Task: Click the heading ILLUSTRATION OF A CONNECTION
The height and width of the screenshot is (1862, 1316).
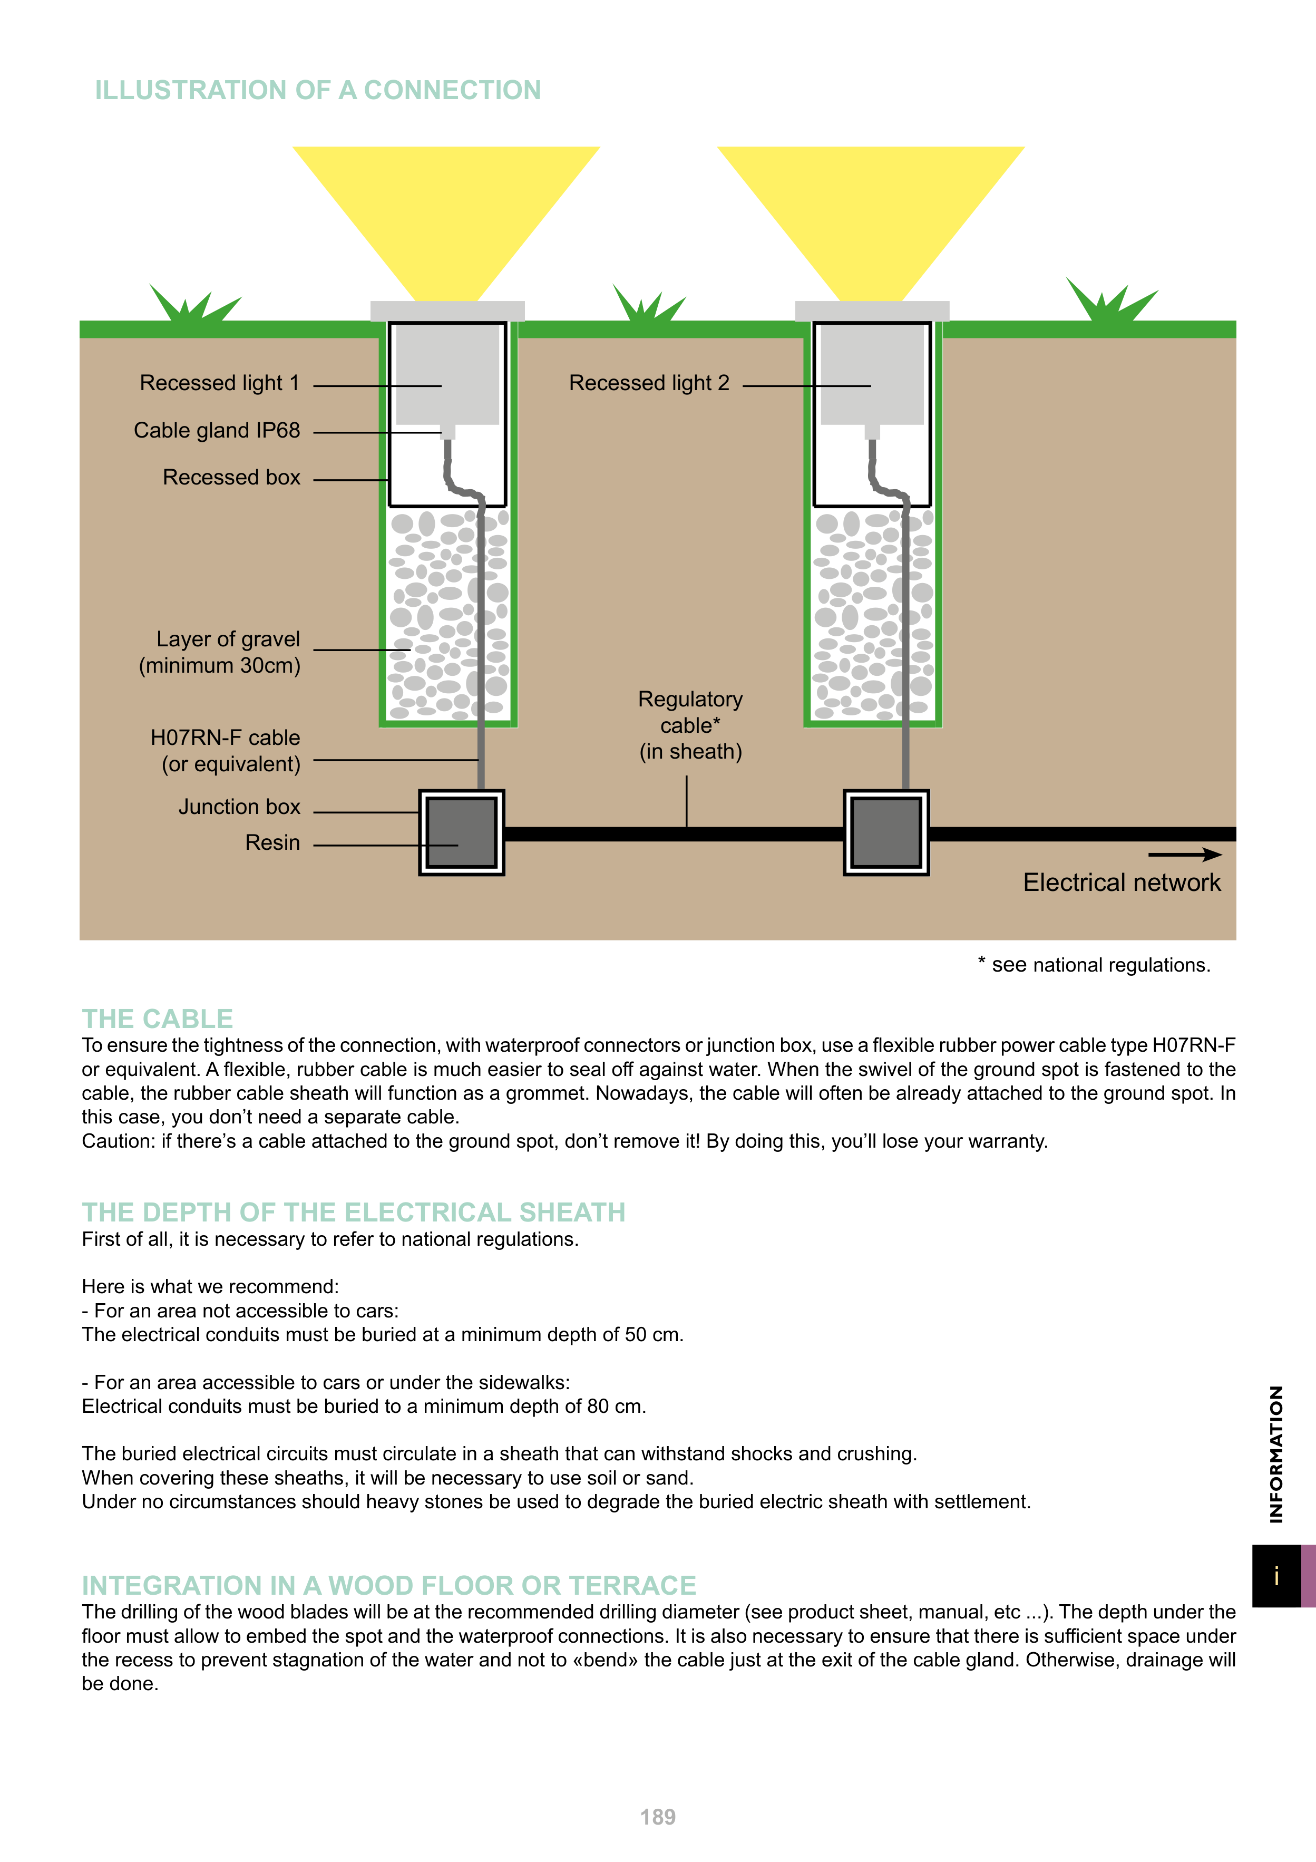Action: (x=317, y=90)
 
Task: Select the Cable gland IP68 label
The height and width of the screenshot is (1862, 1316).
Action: (x=217, y=431)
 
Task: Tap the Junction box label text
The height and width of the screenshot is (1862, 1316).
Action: (x=239, y=807)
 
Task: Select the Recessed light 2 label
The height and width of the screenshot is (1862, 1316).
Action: (x=649, y=383)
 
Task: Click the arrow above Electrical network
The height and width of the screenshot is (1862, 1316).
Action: (x=1185, y=854)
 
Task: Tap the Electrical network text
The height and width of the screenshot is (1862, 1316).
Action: (x=1122, y=882)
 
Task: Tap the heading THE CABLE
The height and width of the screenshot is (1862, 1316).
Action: (x=157, y=1019)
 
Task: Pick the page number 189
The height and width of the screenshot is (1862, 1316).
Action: (x=658, y=1817)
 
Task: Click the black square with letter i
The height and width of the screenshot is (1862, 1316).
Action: (x=1276, y=1576)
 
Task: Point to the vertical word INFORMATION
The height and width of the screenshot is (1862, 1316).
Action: (x=1276, y=1453)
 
